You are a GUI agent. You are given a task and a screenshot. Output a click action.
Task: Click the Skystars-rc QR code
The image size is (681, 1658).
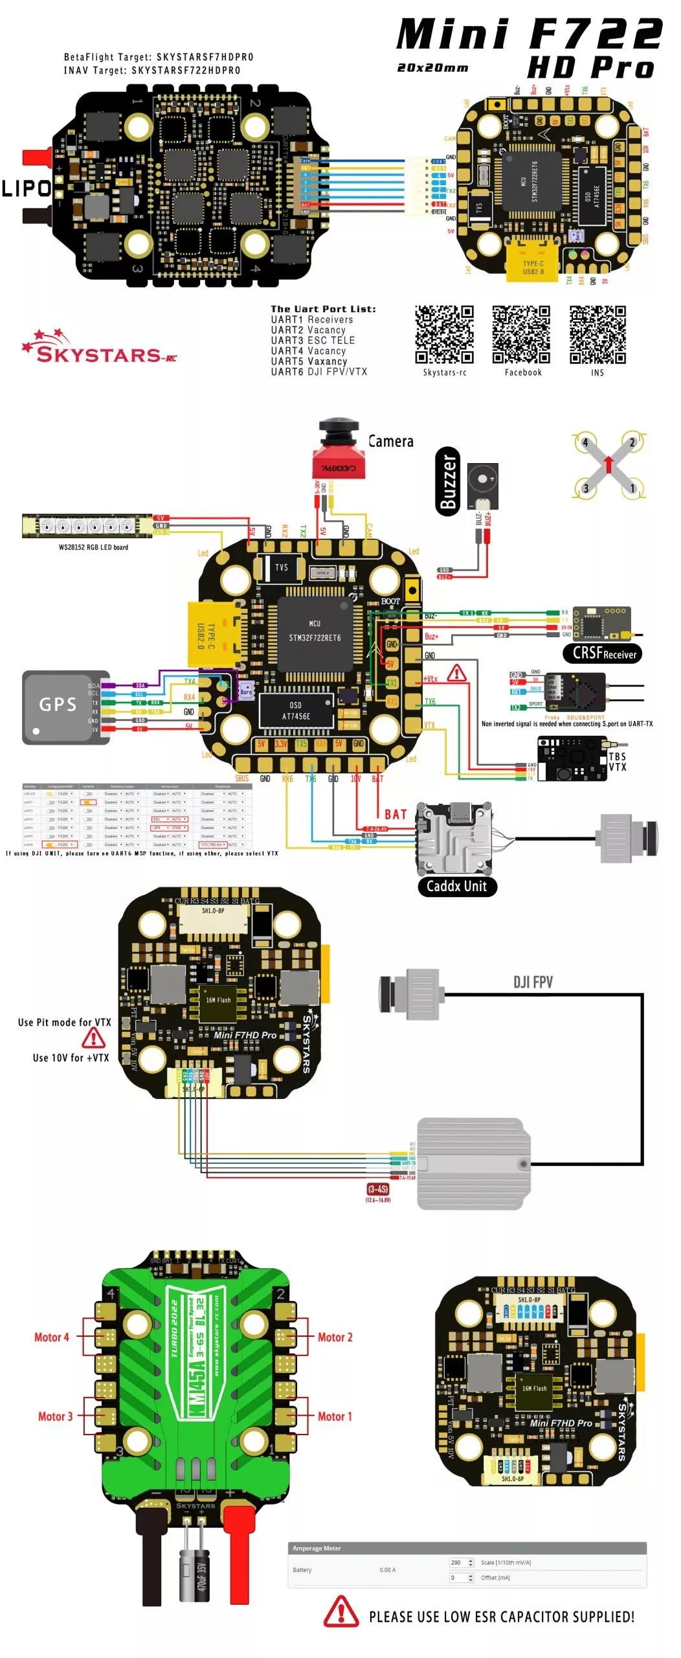pyautogui.click(x=444, y=334)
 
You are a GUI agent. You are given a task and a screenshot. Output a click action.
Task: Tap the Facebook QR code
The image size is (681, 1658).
pyautogui.click(x=521, y=334)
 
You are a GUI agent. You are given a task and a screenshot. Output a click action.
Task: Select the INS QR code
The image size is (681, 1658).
pyautogui.click(x=597, y=334)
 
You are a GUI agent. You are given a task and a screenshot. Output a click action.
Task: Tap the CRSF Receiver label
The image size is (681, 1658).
pyautogui.click(x=604, y=653)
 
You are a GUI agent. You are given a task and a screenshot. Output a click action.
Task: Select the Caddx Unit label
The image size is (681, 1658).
pyautogui.click(x=456, y=886)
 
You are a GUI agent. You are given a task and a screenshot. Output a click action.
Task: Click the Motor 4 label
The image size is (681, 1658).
pyautogui.click(x=52, y=1337)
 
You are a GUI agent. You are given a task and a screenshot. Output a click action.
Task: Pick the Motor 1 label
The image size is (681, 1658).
pyautogui.click(x=335, y=1416)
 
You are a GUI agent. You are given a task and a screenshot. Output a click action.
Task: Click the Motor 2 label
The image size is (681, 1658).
pyautogui.click(x=335, y=1337)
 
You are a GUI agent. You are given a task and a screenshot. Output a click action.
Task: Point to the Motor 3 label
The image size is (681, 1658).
pyautogui.click(x=55, y=1416)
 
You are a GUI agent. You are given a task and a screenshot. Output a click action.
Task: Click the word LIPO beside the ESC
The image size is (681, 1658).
pyautogui.click(x=26, y=188)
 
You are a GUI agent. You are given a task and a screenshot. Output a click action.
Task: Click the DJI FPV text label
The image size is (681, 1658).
pyautogui.click(x=533, y=982)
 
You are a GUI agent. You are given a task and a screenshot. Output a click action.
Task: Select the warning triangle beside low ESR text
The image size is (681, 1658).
pyautogui.click(x=341, y=1611)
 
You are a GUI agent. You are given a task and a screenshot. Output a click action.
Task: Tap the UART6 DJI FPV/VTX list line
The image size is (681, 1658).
pyautogui.click(x=318, y=372)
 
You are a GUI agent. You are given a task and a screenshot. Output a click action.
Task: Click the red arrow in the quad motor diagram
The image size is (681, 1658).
pyautogui.click(x=608, y=464)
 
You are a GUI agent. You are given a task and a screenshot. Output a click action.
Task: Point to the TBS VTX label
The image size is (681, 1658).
pyautogui.click(x=617, y=762)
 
